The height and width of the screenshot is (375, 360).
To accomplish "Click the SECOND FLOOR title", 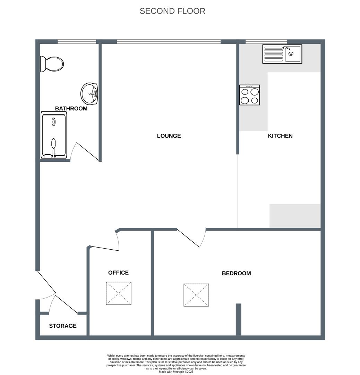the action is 172,11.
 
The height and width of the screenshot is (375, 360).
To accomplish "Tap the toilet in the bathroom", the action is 52,64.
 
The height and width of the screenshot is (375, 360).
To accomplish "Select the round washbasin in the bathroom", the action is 89,94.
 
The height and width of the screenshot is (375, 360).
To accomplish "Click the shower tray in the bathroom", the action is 54,135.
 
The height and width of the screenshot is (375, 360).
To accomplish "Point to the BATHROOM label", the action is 71,109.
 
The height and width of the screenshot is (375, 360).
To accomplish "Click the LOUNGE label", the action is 169,136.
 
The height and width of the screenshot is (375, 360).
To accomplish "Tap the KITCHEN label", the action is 280,136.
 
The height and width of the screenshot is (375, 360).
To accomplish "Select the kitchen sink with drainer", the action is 282,54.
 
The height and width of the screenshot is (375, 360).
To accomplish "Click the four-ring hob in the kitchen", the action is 250,95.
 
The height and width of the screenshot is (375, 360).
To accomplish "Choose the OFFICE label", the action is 119,273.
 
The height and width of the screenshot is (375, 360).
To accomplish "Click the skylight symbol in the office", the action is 119,293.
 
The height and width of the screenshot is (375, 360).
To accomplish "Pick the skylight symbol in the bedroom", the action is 196,295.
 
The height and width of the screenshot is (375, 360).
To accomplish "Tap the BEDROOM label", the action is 237,273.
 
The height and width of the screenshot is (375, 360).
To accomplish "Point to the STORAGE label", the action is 63,326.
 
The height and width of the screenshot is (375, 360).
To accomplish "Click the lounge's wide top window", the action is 169,42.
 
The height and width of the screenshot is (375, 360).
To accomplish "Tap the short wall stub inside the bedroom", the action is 238,319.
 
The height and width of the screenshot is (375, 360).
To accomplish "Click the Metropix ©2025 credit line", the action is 176,372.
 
